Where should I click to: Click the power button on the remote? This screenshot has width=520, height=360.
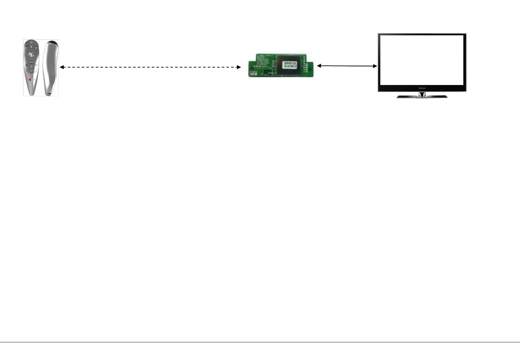(31, 42)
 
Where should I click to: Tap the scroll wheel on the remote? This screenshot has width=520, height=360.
(31, 54)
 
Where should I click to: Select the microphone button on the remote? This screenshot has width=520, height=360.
(31, 47)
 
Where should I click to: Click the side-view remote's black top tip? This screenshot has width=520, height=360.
(53, 42)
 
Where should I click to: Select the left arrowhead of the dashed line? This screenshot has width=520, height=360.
(62, 67)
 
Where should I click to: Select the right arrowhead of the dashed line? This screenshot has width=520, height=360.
(239, 67)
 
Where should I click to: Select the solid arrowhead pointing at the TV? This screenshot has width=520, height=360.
(375, 66)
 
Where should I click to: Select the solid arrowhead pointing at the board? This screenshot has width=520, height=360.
(319, 66)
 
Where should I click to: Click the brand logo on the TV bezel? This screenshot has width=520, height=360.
(422, 88)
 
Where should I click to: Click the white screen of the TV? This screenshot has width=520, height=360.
(422, 60)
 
